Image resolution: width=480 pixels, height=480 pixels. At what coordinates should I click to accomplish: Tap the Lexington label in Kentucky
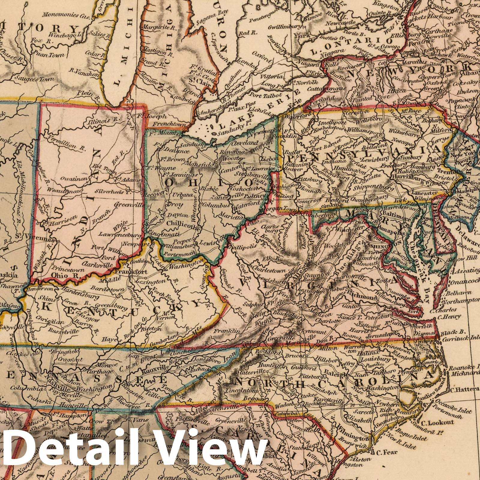point(138,281)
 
